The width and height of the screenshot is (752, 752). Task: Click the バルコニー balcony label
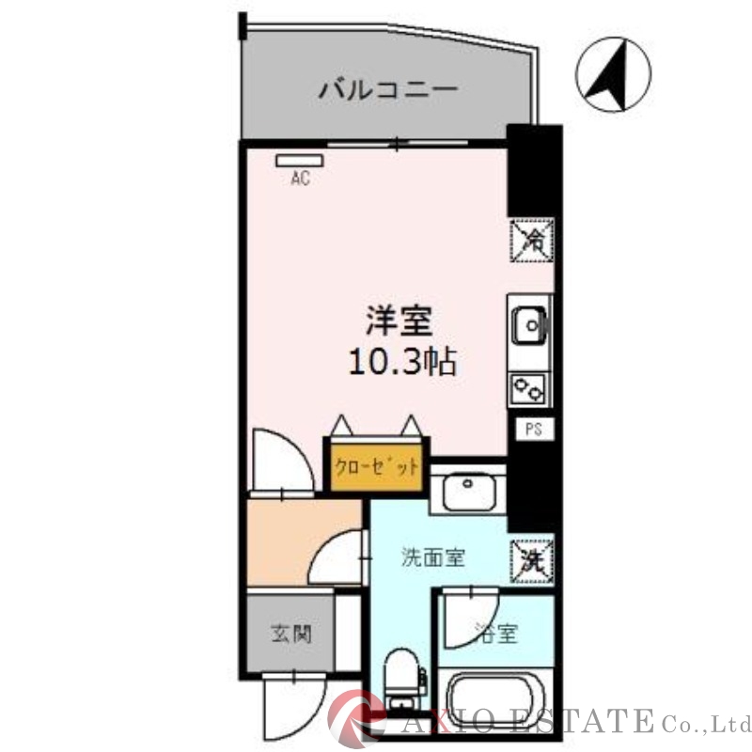[388, 91]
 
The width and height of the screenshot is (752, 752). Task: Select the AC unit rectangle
[298, 161]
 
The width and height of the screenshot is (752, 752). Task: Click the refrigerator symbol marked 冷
[531, 240]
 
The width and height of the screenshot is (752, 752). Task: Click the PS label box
[533, 429]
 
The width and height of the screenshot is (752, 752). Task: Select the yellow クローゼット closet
[374, 466]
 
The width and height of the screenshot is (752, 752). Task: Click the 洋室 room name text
[399, 321]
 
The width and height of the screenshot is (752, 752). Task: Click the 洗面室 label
[432, 557]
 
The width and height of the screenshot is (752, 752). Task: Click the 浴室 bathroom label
[496, 633]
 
